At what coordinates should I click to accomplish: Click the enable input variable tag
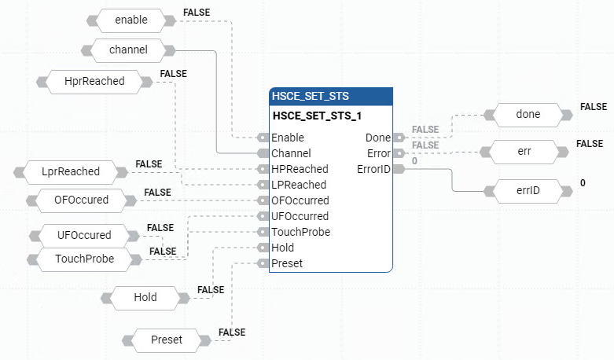point(131,20)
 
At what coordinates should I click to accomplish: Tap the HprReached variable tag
point(94,80)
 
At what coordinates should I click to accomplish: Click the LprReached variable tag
point(71,171)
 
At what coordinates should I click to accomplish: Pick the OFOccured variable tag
point(81,200)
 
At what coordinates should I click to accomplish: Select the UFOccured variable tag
point(84,235)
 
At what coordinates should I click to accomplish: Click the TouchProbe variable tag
point(84,258)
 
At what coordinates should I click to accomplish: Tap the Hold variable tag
point(145,297)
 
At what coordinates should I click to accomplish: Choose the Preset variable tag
point(166,340)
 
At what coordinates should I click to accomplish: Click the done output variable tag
point(528,114)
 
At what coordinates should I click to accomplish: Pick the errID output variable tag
point(528,190)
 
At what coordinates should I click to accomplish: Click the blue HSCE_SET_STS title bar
point(330,97)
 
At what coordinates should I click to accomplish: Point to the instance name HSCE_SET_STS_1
point(311,116)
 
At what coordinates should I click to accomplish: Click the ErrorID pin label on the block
point(373,169)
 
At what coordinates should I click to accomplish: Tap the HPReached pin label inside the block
point(300,169)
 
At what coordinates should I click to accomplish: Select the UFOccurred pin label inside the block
point(300,216)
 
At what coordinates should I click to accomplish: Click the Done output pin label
point(378,138)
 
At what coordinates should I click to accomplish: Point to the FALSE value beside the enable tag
point(197,13)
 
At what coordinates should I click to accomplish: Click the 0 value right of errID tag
point(583,183)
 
